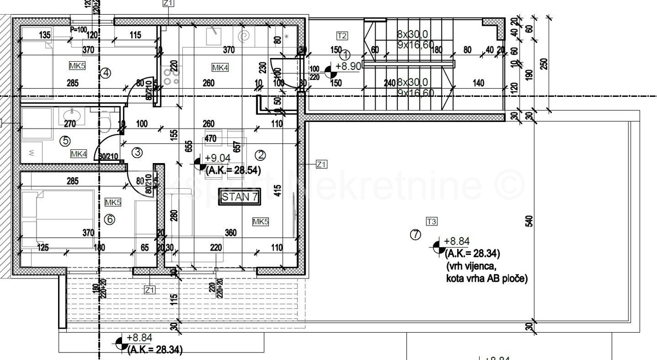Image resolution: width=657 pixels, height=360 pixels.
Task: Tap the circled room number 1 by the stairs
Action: click(345, 55)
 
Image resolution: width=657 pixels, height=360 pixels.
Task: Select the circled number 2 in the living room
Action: click(260, 154)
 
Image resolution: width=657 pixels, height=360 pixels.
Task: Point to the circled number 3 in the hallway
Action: click(137, 152)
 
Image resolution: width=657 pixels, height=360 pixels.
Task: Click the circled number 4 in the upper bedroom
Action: click(106, 72)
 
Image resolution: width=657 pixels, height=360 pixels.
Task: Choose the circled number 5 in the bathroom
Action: click(65, 141)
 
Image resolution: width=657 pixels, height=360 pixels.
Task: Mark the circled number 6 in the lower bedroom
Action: click(109, 219)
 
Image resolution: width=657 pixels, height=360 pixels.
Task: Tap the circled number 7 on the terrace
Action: click(415, 235)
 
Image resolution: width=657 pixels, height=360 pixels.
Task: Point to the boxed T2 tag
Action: click(342, 36)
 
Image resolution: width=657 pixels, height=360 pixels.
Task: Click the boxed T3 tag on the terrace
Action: click(432, 222)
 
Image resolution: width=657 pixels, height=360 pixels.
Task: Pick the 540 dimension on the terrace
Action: click(529, 222)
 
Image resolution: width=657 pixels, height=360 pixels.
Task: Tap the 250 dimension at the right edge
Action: click(543, 63)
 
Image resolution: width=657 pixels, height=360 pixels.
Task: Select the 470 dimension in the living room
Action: click(211, 140)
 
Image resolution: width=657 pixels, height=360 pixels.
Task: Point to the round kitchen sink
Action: click(244, 36)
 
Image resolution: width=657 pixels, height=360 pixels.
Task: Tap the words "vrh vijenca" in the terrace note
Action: click(470, 266)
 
